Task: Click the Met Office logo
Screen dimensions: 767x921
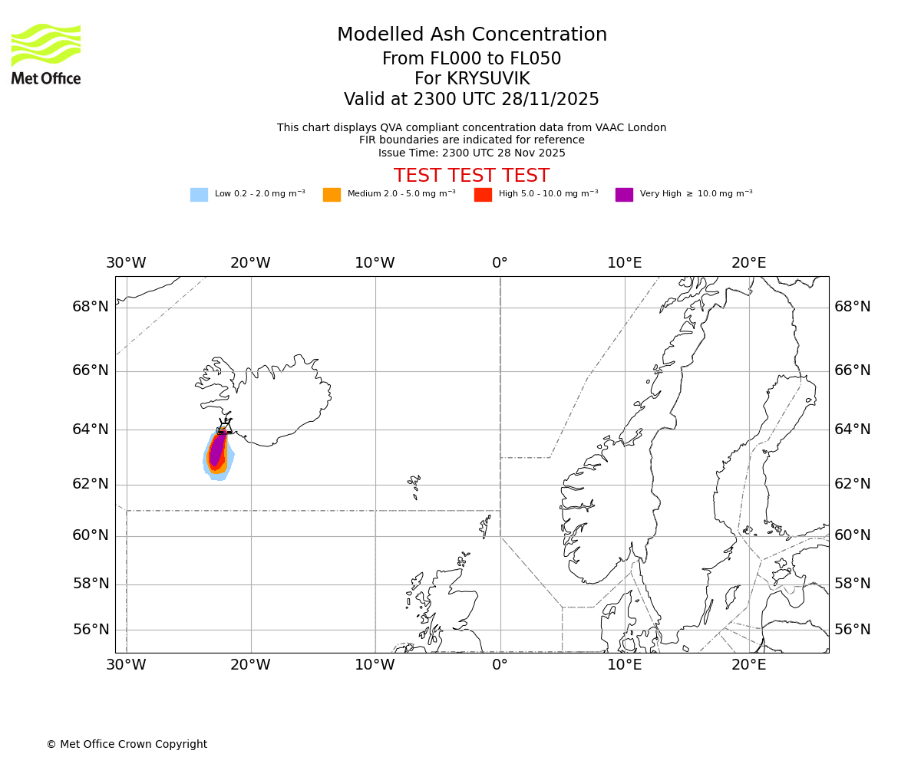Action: click(46, 54)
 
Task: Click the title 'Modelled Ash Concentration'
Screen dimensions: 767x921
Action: click(471, 35)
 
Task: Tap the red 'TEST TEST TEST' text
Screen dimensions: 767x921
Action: click(471, 176)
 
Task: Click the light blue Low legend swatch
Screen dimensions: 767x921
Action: click(199, 195)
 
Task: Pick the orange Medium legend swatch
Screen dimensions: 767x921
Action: click(332, 195)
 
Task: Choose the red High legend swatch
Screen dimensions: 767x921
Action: click(483, 195)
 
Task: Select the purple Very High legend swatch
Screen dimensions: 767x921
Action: click(624, 195)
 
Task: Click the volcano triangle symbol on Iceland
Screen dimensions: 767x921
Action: click(224, 426)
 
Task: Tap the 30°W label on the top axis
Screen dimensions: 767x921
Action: click(126, 263)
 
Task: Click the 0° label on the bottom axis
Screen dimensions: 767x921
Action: click(500, 665)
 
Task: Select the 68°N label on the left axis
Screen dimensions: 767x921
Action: click(91, 307)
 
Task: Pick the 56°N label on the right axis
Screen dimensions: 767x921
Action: click(852, 630)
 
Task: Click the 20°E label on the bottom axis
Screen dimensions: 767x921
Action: click(748, 665)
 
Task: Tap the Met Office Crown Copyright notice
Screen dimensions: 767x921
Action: click(127, 744)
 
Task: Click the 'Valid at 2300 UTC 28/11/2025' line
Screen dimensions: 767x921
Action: click(471, 100)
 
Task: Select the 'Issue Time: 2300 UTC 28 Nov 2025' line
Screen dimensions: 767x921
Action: click(471, 153)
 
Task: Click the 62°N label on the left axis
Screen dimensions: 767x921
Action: click(91, 484)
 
